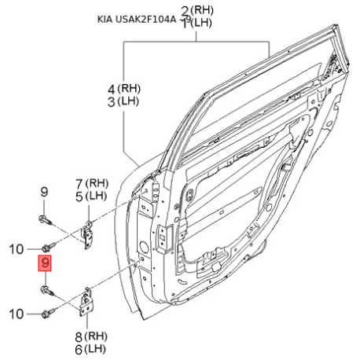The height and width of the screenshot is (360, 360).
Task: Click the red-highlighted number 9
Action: click(x=45, y=263)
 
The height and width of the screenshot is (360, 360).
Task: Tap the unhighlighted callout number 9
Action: click(x=44, y=192)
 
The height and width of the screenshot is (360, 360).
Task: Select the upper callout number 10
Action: click(x=17, y=249)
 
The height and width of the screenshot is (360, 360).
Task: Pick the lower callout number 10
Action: click(x=17, y=314)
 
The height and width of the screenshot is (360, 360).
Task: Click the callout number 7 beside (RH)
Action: click(x=79, y=184)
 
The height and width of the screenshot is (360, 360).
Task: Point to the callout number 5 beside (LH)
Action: click(x=79, y=197)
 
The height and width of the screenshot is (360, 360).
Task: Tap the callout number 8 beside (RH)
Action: click(x=79, y=337)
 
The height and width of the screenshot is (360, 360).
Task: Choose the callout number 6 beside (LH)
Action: click(x=79, y=350)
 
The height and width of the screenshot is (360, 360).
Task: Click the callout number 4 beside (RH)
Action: click(x=112, y=90)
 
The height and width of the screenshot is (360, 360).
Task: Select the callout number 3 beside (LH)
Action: click(x=112, y=102)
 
